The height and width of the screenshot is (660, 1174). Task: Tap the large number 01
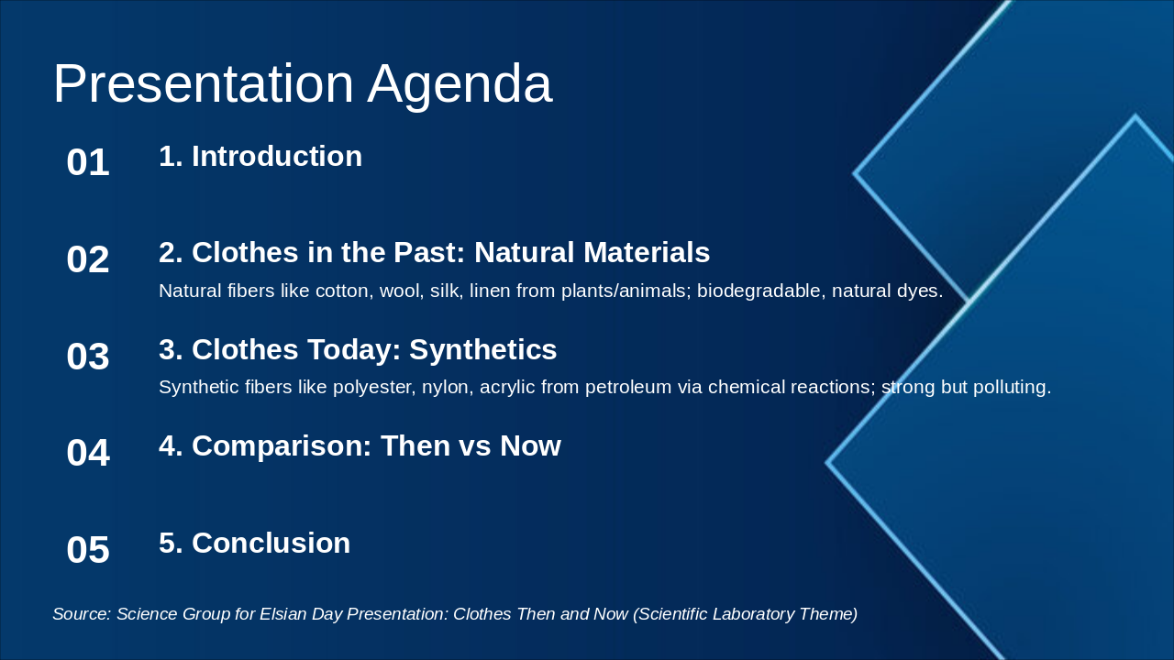(88, 162)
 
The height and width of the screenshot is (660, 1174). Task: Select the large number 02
(88, 259)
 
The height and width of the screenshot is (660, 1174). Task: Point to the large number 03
(88, 357)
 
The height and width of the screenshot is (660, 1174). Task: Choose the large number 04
(88, 453)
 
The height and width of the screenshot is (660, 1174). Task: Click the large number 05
(88, 550)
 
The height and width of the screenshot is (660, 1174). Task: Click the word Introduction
(277, 156)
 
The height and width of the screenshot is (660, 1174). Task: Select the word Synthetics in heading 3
(482, 349)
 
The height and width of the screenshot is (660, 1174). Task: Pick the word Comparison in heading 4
(282, 446)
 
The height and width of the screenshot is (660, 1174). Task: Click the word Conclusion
(271, 543)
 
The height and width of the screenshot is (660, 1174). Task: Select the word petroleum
(628, 387)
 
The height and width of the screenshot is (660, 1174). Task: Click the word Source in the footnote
(82, 614)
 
